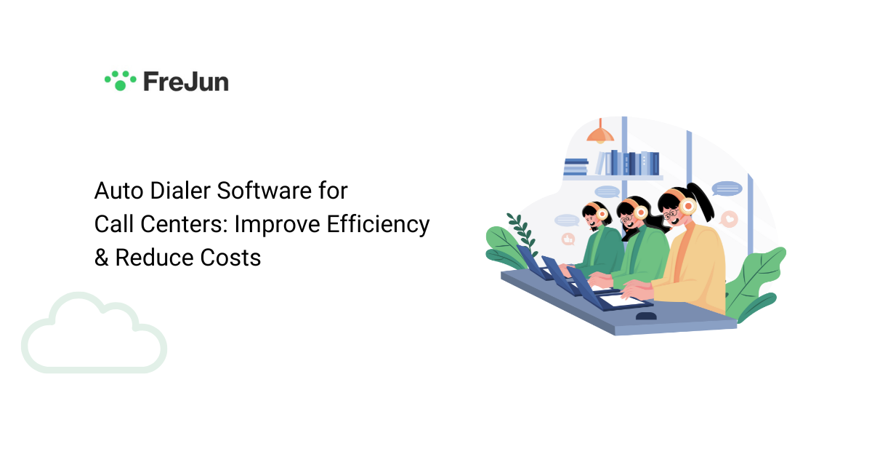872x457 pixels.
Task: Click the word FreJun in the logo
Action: point(185,81)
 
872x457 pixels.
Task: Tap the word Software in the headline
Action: point(259,191)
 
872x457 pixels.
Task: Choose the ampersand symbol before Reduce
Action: point(101,257)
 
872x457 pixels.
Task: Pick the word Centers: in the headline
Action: point(181,224)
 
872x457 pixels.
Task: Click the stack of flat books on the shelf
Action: point(576,167)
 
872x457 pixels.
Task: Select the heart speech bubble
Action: point(729,218)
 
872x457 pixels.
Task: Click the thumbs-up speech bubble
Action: point(568,239)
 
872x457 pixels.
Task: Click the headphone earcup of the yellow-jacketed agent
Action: point(687,207)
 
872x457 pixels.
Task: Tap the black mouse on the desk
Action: point(645,317)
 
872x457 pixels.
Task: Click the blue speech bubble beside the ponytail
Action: point(726,188)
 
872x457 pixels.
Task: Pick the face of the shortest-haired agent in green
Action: point(592,216)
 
